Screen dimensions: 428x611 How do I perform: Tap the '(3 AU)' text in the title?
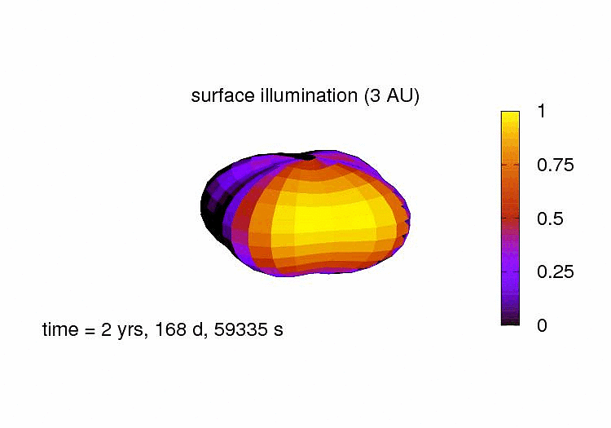pos(391,95)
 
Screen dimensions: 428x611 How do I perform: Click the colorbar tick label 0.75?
pos(556,165)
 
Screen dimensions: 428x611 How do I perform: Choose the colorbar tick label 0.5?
pos(550,218)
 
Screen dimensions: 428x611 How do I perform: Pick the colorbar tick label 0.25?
pos(556,271)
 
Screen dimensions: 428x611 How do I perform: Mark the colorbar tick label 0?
pos(543,324)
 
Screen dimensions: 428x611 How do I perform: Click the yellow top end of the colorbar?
pos(510,117)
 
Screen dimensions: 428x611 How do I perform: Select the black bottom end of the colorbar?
pos(510,321)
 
